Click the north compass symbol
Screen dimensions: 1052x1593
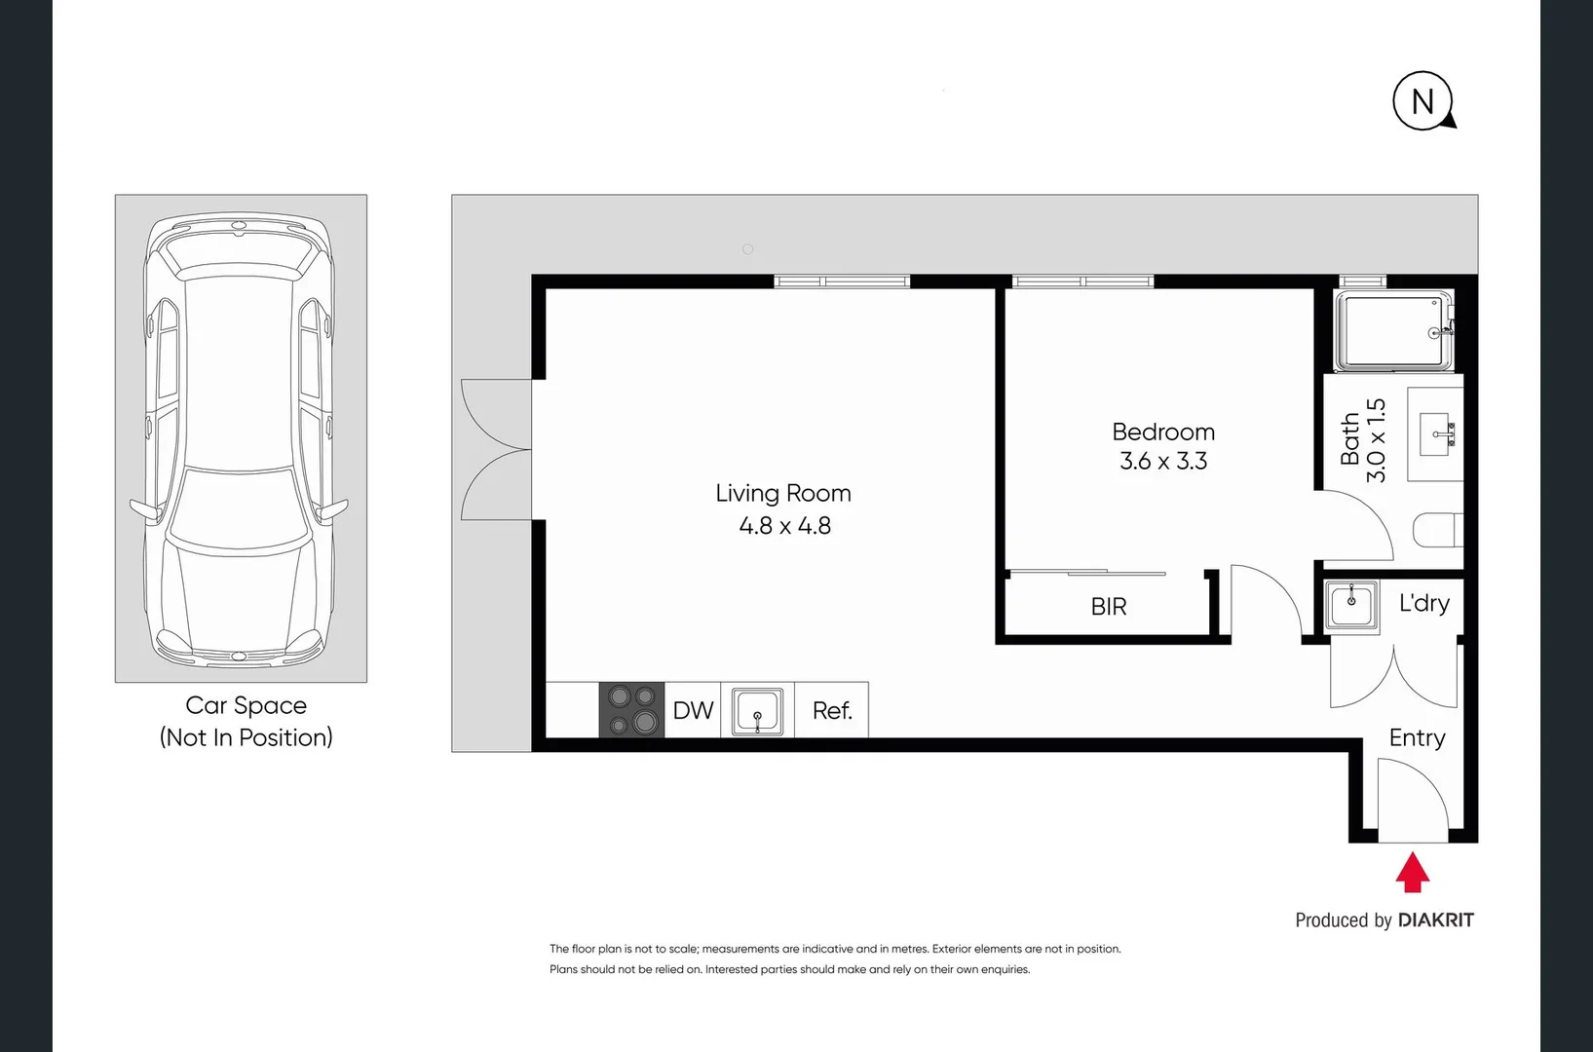(1422, 100)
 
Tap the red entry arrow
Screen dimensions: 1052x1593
(1412, 873)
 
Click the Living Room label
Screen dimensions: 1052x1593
(783, 494)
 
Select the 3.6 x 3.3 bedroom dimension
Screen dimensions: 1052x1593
(1163, 461)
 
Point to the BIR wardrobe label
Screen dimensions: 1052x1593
(1109, 607)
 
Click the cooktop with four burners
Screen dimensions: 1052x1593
(631, 710)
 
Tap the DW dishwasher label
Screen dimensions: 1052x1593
(693, 711)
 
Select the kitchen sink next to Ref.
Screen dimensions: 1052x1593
(757, 711)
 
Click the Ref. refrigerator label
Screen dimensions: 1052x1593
(832, 711)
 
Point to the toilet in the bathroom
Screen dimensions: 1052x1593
(1438, 531)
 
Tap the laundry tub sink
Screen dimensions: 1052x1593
(1351, 605)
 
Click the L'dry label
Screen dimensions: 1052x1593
(1423, 604)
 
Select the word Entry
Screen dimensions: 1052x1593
(1417, 738)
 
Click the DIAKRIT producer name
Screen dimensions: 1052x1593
(1435, 920)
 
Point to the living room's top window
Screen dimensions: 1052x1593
(842, 282)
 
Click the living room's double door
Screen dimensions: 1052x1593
(497, 450)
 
